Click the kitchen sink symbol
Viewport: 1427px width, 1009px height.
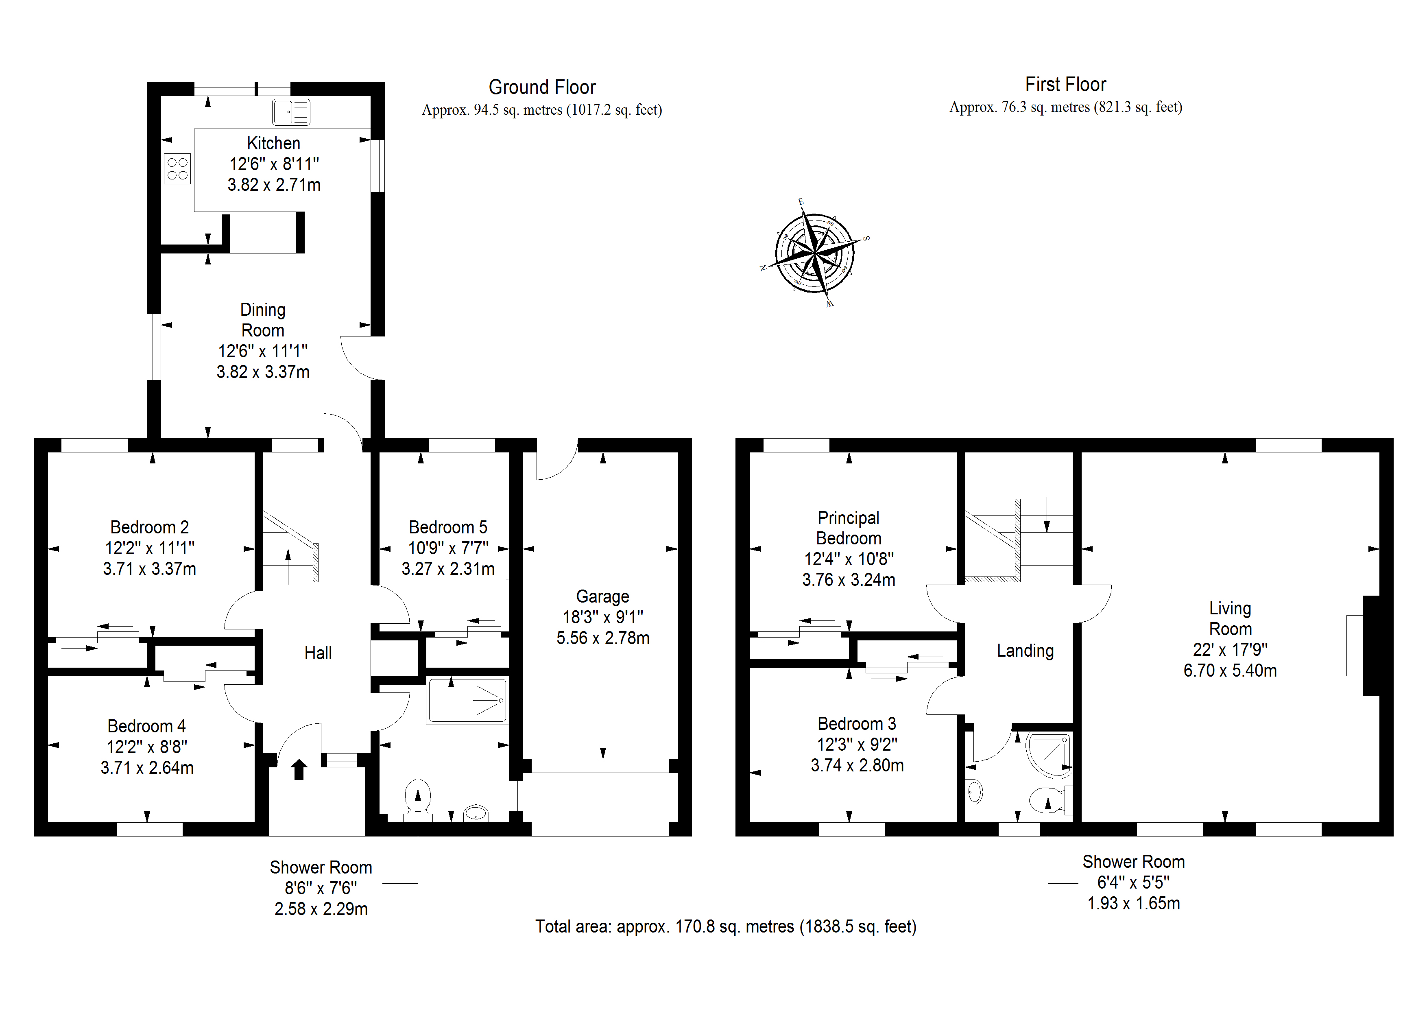point(291,113)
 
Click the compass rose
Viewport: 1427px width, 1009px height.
point(814,253)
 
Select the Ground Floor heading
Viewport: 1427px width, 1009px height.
point(542,87)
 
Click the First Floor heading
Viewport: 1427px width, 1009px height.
point(1065,85)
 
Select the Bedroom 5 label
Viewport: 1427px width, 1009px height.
point(447,527)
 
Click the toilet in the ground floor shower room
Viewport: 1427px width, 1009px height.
point(418,797)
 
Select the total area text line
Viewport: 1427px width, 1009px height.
point(725,926)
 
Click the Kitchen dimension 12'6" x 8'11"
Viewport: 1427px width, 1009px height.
point(273,164)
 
